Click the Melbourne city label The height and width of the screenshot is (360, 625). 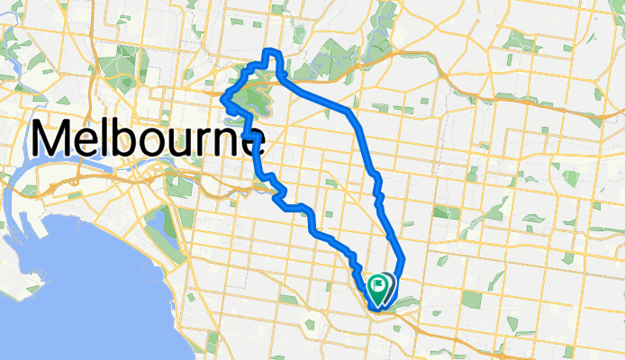[149, 140]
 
